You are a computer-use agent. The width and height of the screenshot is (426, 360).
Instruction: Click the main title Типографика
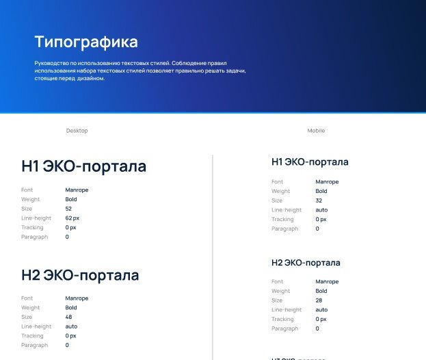click(86, 42)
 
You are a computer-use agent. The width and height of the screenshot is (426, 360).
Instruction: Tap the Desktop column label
click(77, 131)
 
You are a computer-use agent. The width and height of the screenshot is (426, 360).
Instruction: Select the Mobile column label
click(316, 131)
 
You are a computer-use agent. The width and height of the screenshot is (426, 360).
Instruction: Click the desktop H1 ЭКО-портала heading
click(83, 166)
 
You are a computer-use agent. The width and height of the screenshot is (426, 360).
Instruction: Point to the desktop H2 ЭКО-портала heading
click(80, 275)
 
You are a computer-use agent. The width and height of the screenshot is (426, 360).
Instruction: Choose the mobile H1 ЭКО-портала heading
click(310, 162)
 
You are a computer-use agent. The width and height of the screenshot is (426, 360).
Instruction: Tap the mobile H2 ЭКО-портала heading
click(306, 263)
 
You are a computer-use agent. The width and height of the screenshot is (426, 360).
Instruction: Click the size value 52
click(68, 209)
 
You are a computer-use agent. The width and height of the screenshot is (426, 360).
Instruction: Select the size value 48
click(68, 317)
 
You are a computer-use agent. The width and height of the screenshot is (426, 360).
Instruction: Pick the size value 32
click(319, 201)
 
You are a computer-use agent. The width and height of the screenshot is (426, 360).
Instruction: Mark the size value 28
click(319, 300)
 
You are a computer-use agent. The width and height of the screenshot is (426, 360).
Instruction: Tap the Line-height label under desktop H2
click(36, 326)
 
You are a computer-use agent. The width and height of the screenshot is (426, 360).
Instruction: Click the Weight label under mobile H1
click(280, 191)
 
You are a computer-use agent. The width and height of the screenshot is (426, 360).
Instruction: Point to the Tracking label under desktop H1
click(32, 228)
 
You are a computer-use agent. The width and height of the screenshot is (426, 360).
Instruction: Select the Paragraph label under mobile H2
click(284, 329)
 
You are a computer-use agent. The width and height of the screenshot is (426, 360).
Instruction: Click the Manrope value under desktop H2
click(77, 298)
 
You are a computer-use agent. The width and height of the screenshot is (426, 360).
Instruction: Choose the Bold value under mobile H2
click(321, 291)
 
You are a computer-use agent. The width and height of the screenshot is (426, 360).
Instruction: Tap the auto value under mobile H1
click(321, 210)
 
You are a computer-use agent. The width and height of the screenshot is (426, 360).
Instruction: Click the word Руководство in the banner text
click(51, 63)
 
